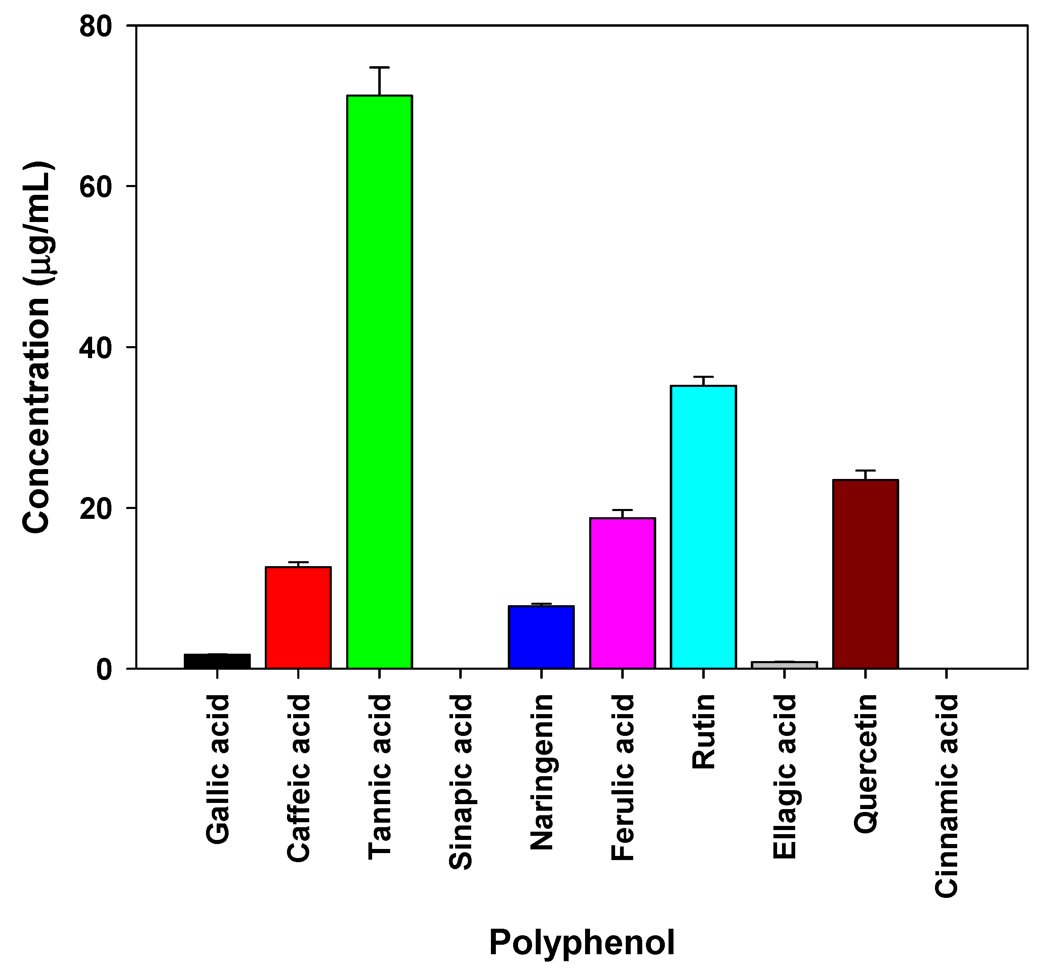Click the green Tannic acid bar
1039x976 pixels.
380,382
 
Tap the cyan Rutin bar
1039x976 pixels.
703,527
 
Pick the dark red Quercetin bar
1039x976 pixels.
865,574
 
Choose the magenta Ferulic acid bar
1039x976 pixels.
622,593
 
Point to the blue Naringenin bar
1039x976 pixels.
541,637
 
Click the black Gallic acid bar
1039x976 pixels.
218,661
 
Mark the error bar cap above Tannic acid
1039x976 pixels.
380,67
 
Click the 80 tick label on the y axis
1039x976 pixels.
96,26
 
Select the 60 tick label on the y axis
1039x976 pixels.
96,187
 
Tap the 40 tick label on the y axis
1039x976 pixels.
96,347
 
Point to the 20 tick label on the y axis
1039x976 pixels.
96,509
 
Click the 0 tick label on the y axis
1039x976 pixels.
104,669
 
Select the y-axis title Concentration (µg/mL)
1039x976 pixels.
37,347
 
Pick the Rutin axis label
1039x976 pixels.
703,731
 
